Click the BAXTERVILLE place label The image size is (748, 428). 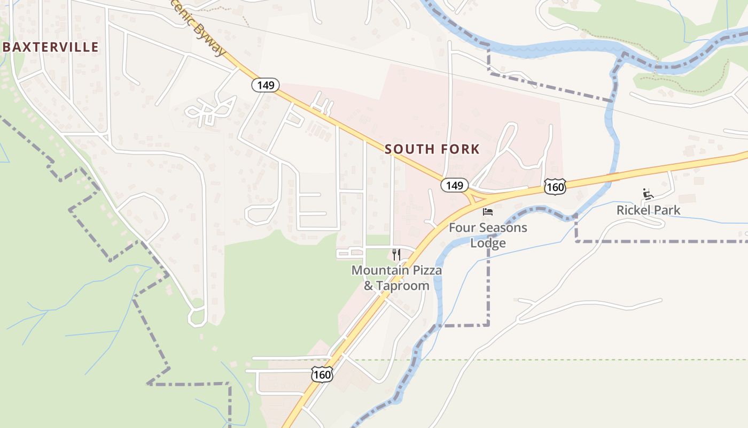click(51, 47)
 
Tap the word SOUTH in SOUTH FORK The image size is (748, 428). click(408, 149)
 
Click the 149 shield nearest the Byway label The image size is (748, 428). click(266, 85)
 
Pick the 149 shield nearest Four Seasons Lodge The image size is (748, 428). click(454, 185)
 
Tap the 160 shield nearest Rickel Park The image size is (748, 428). click(555, 187)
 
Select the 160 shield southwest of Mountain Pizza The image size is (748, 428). click(322, 374)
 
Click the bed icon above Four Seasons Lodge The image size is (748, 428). click(487, 212)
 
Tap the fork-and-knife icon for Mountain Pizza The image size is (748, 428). click(396, 254)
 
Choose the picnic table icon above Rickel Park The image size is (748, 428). click(648, 194)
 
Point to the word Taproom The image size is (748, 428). click(402, 286)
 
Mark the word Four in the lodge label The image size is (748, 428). click(461, 228)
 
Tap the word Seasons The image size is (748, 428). click(502, 228)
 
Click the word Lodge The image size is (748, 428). click(488, 243)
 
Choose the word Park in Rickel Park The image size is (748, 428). click(669, 210)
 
